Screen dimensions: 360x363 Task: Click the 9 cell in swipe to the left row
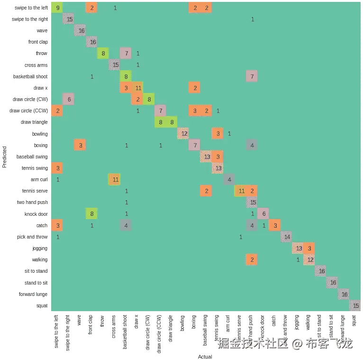pyautogui.click(x=58, y=8)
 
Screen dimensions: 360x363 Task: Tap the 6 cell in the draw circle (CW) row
pyautogui.click(x=69, y=100)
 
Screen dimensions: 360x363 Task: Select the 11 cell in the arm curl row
pyautogui.click(x=115, y=179)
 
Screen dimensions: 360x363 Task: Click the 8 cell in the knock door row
pyautogui.click(x=92, y=214)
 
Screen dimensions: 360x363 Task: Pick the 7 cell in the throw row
pyautogui.click(x=127, y=54)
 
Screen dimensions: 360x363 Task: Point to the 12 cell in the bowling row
pyautogui.click(x=183, y=134)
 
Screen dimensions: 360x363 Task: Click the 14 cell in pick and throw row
pyautogui.click(x=286, y=237)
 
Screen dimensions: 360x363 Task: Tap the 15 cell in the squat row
pyautogui.click(x=355, y=305)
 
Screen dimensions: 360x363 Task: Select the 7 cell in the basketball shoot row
pyautogui.click(x=252, y=77)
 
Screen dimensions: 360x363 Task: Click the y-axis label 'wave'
pyautogui.click(x=42, y=31)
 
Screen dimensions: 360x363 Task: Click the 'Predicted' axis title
pyautogui.click(x=5, y=157)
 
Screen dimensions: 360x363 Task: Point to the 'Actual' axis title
pyautogui.click(x=205, y=356)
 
